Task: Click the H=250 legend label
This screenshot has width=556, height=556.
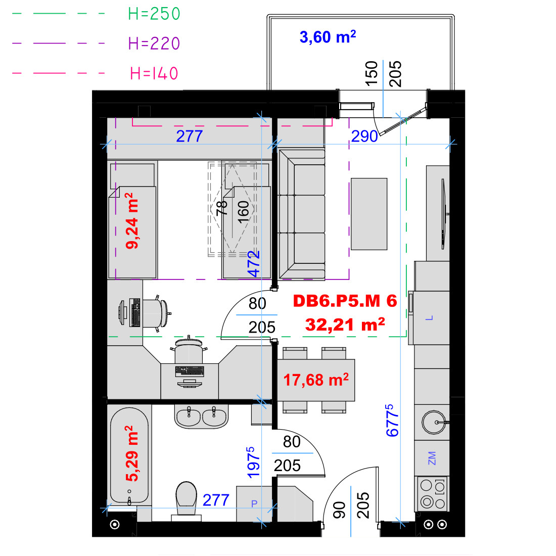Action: [x=154, y=14]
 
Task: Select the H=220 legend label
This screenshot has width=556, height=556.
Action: [x=154, y=43]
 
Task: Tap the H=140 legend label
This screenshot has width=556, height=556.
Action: [x=154, y=73]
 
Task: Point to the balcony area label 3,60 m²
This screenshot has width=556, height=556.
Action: [x=328, y=36]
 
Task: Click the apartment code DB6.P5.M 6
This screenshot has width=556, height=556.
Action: [x=345, y=301]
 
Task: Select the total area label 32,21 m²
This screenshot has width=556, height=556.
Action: [x=345, y=325]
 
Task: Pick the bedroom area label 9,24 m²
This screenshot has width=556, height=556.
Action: [x=131, y=220]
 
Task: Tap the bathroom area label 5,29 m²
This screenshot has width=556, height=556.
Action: [x=131, y=453]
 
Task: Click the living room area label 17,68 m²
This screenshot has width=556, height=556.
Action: [x=315, y=380]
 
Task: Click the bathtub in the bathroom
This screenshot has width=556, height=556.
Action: [x=129, y=455]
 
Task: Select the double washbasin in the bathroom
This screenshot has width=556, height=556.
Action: [x=201, y=416]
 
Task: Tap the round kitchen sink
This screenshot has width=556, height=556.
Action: [x=434, y=422]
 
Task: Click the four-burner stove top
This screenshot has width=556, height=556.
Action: [x=432, y=494]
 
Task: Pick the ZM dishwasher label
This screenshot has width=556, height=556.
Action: [x=432, y=458]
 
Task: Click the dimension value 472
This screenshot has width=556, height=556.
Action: [x=254, y=264]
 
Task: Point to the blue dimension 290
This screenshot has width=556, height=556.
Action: [x=364, y=136]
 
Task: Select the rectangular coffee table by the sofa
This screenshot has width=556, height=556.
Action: [x=369, y=214]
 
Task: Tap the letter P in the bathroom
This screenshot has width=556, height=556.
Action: [x=254, y=503]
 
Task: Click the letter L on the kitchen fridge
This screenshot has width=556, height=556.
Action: [x=429, y=318]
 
